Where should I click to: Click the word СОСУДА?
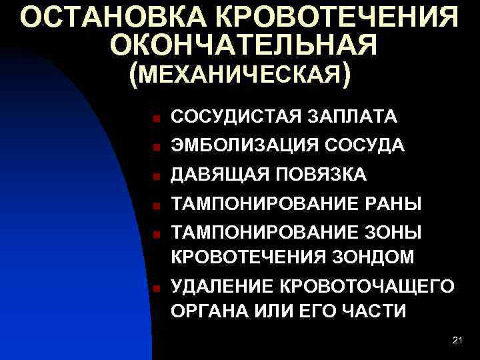tap(367, 145)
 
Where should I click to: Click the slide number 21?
tap(457, 341)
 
